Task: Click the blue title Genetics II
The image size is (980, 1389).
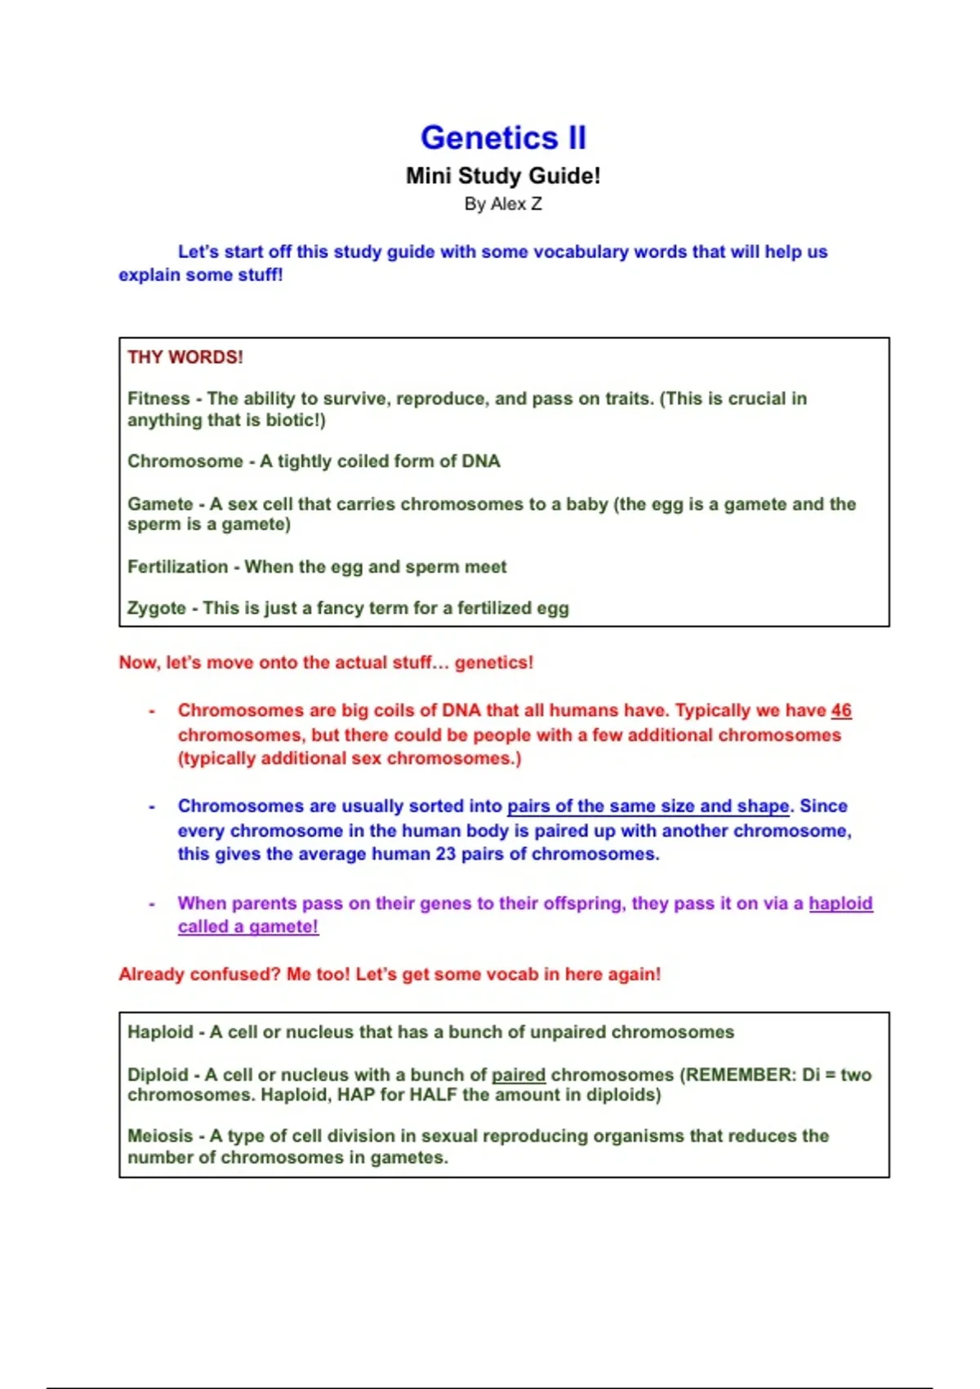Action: (x=503, y=137)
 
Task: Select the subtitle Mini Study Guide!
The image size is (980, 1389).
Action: (x=503, y=176)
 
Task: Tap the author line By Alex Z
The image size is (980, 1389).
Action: (x=503, y=204)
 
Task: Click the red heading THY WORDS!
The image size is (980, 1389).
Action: (x=185, y=357)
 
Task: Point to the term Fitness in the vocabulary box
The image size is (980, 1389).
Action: (x=158, y=399)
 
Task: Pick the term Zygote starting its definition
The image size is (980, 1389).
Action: (x=156, y=608)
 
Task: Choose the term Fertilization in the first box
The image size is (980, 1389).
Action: (x=177, y=567)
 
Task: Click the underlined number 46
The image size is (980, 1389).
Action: (x=841, y=711)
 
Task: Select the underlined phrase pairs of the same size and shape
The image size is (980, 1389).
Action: (x=648, y=806)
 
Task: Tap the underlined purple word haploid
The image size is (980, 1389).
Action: (x=840, y=904)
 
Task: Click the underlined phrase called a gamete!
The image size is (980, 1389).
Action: (x=248, y=927)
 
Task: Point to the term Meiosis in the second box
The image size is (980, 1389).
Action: (x=160, y=1136)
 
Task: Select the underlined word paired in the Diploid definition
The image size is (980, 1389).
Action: (x=519, y=1074)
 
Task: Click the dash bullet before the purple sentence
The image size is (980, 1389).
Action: (x=152, y=904)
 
